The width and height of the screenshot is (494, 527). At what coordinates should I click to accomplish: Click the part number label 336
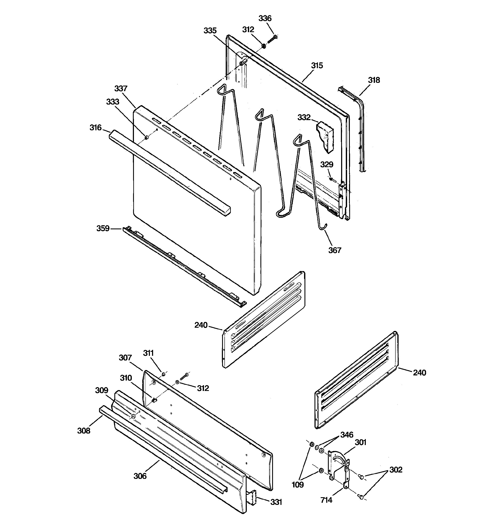pyautogui.click(x=265, y=18)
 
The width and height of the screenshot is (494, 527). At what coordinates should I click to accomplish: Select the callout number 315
pyautogui.click(x=317, y=66)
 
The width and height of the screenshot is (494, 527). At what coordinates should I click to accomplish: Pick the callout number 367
pyautogui.click(x=335, y=250)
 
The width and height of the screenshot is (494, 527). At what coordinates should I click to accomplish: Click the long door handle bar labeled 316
pyautogui.click(x=170, y=172)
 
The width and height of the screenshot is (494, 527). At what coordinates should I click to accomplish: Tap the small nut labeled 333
pyautogui.click(x=146, y=137)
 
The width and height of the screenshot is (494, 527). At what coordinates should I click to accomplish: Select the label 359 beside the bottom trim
pyautogui.click(x=103, y=228)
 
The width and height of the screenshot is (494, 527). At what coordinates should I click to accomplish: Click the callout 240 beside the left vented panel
pyautogui.click(x=201, y=325)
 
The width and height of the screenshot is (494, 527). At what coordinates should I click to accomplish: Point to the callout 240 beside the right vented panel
pyautogui.click(x=419, y=372)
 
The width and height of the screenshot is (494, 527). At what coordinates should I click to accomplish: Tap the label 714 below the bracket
pyautogui.click(x=326, y=500)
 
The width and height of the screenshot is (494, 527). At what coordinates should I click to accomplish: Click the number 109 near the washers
pyautogui.click(x=297, y=485)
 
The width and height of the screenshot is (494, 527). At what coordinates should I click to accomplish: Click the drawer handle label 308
pyautogui.click(x=84, y=431)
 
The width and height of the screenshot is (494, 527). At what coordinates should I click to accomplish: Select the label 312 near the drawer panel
pyautogui.click(x=203, y=388)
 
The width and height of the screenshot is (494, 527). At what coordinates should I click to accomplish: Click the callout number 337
pyautogui.click(x=121, y=88)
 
